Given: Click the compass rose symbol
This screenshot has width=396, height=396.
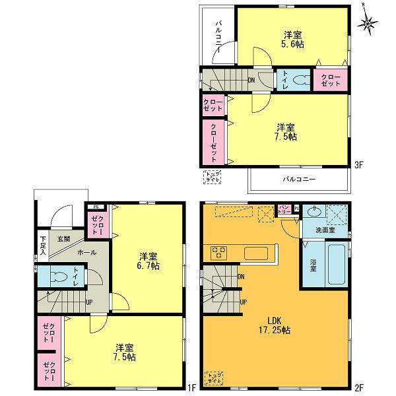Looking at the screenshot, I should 368,24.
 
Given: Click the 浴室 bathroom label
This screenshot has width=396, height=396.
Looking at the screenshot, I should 313,267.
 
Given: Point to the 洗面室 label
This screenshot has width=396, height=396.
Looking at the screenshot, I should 325,230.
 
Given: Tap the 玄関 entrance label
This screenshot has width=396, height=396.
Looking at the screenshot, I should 63,238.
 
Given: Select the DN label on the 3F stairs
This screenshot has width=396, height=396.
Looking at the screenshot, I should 251,81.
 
